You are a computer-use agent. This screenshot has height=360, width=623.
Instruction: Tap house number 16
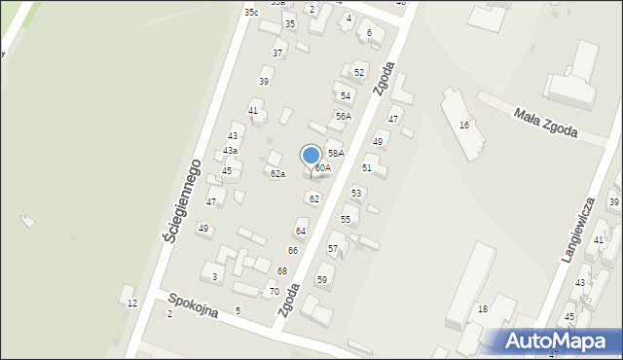pyautogui.click(x=464, y=125)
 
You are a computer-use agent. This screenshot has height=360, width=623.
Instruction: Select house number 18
pyautogui.click(x=482, y=308)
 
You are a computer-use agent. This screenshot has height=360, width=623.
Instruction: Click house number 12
pyautogui.click(x=131, y=303)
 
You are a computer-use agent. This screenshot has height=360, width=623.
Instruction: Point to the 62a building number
pyautogui.click(x=277, y=174)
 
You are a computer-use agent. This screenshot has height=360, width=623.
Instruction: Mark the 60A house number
pyautogui.click(x=322, y=167)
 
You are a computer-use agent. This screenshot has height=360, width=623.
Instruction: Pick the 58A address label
pyautogui.click(x=336, y=153)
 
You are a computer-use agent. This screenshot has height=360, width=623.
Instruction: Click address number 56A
pyautogui.click(x=343, y=116)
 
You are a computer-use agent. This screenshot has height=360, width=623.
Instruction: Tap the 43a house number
pyautogui.click(x=230, y=151)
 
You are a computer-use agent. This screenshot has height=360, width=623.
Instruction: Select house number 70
pyautogui.click(x=275, y=291)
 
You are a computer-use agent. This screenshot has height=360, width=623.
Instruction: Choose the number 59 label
pyautogui.click(x=322, y=279)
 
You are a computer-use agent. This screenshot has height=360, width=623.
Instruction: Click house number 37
pyautogui.click(x=277, y=53)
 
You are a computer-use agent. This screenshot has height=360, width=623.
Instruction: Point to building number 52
pyautogui.click(x=359, y=72)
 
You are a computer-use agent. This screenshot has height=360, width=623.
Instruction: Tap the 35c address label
pyautogui.click(x=251, y=12)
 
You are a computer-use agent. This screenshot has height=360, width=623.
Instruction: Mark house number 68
pyautogui.click(x=282, y=270)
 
